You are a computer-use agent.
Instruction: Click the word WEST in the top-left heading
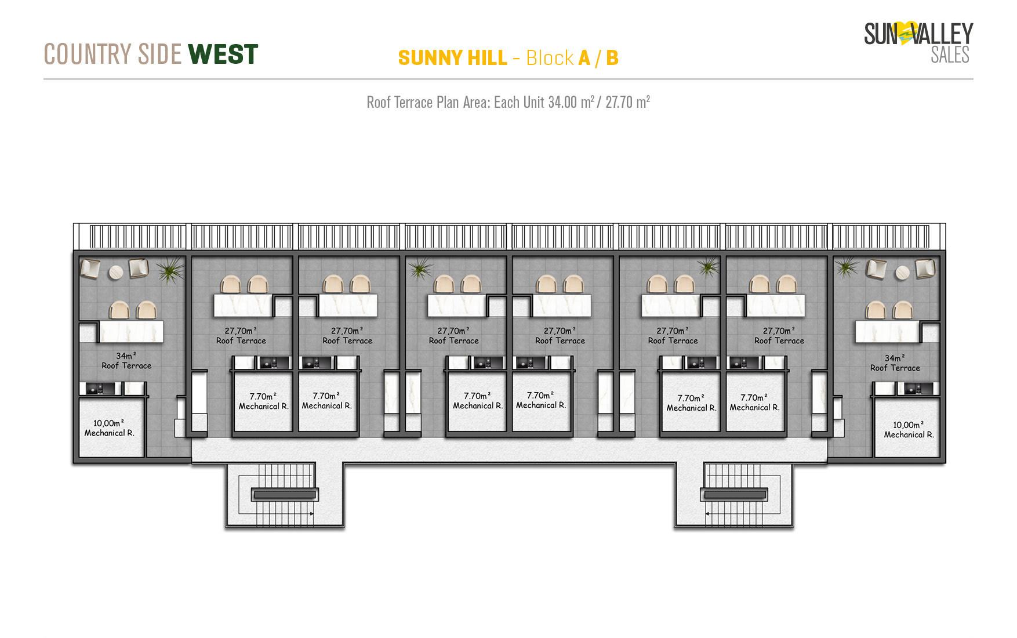tap(223, 55)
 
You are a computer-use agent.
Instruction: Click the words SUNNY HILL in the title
tap(452, 58)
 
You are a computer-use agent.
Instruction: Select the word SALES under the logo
tap(950, 55)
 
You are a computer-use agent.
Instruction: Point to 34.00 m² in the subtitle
tap(571, 103)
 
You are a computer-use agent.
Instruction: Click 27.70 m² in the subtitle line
tap(627, 103)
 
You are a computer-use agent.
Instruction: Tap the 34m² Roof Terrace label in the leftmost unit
tap(126, 361)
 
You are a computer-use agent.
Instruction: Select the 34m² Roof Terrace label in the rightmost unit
tap(895, 363)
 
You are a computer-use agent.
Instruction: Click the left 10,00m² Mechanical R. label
tap(110, 428)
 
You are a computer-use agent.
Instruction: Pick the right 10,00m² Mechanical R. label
tap(909, 430)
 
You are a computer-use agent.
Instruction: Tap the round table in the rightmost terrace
tap(903, 272)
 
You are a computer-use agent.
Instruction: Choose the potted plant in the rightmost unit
tap(847, 268)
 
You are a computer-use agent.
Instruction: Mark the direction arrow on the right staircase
tap(709, 514)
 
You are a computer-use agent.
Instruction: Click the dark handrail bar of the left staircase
tap(284, 495)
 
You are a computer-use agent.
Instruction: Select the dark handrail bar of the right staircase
tap(733, 495)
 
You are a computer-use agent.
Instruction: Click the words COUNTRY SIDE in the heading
tap(112, 55)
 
